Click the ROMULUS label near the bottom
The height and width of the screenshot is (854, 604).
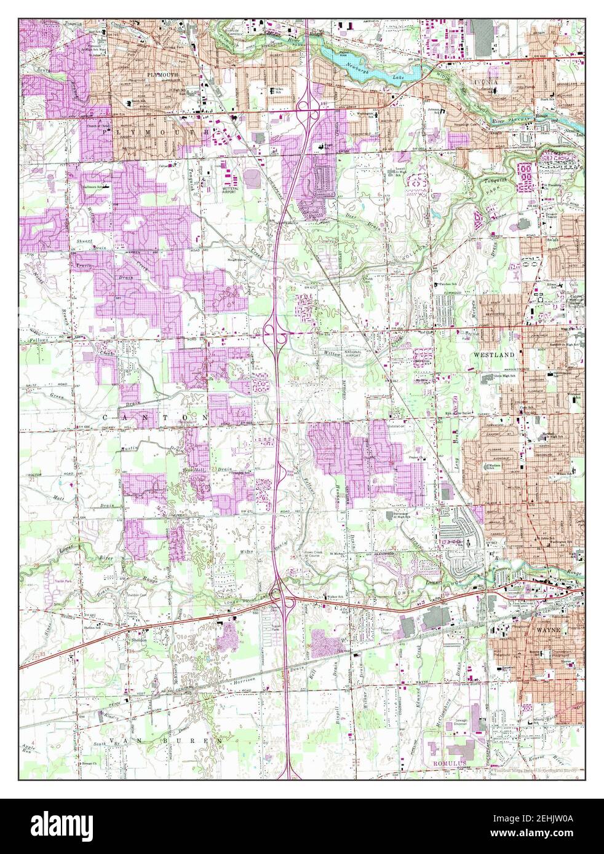[x=444, y=761]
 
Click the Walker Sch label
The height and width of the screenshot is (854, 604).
[x=334, y=597]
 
